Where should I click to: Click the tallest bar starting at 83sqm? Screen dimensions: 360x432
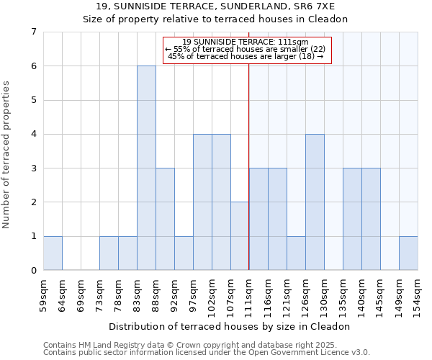(146, 168)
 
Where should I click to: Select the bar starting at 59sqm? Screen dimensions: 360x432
(53, 253)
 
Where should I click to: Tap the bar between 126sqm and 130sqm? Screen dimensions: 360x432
(315, 202)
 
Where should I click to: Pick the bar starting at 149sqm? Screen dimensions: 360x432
(408, 253)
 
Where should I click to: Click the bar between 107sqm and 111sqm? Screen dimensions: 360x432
(240, 235)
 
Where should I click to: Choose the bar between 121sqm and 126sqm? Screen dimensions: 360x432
(296, 253)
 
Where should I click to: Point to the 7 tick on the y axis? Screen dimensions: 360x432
(33, 32)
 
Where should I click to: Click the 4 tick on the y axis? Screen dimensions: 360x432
(33, 134)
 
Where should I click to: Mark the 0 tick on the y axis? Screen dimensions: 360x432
(33, 270)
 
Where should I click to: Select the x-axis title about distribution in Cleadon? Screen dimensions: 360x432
(230, 326)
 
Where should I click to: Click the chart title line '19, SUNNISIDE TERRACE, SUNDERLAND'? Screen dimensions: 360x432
(215, 6)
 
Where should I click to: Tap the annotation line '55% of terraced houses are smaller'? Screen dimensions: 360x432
(246, 49)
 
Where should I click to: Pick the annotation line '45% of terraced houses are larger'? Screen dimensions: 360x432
(246, 56)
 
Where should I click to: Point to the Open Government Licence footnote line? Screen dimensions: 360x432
(207, 353)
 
